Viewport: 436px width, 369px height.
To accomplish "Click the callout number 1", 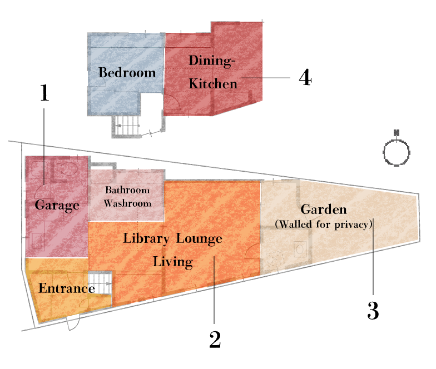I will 44,93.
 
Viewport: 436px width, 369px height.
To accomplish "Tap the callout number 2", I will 215,340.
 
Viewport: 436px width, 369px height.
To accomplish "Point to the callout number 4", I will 305,78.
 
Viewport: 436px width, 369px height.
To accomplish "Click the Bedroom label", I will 127,73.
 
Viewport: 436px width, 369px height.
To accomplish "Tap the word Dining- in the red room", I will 213,61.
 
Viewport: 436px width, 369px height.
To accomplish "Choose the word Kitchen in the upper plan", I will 213,84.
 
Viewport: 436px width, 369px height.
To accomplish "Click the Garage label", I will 57,205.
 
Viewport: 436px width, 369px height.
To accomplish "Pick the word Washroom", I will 127,203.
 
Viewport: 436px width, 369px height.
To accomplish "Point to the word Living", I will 172,262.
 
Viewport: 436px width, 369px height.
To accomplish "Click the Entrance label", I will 66,289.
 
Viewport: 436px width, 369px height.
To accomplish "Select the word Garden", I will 323,210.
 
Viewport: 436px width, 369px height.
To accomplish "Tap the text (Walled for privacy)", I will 323,224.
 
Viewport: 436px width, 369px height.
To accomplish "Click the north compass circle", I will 397,152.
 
